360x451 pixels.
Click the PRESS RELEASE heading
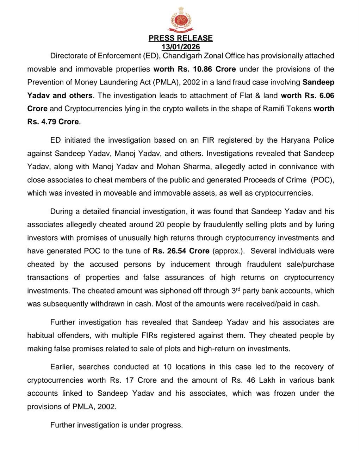tap(180, 38)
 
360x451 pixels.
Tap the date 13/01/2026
tap(180, 47)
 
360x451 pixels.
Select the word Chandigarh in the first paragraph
tap(182, 56)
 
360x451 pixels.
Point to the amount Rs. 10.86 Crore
tap(200, 69)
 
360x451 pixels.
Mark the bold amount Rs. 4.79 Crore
tap(53, 122)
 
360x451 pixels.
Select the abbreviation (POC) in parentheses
tap(322, 180)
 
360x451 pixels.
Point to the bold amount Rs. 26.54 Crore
tap(181, 251)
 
